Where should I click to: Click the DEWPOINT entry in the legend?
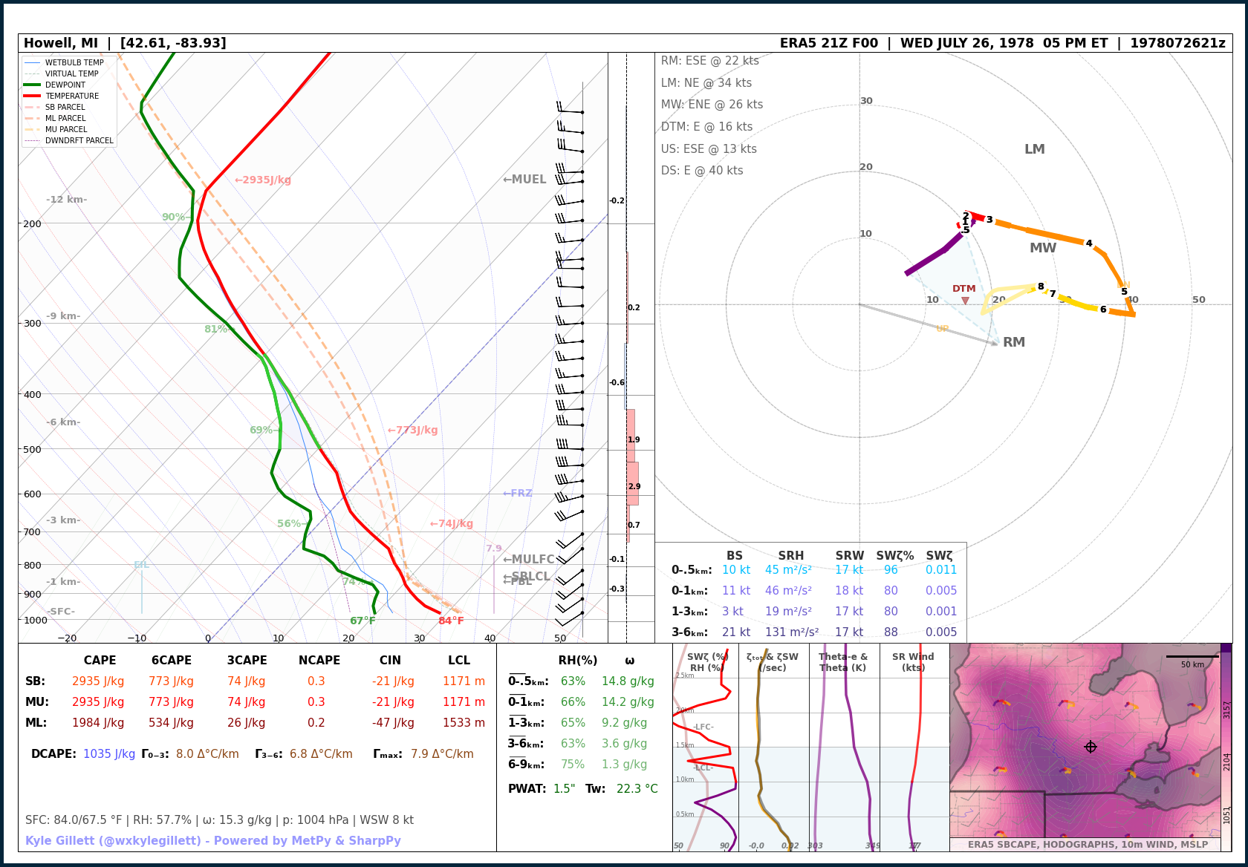click(x=65, y=85)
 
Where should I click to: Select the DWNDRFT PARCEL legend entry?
click(x=79, y=140)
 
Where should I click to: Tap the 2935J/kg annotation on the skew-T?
click(x=264, y=180)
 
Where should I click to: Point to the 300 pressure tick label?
click(x=33, y=324)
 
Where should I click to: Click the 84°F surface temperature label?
click(x=451, y=621)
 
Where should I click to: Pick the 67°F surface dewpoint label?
click(x=363, y=621)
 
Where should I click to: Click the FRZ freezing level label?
click(x=518, y=493)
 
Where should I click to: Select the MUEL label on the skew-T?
click(x=525, y=179)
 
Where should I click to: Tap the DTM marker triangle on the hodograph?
click(x=965, y=301)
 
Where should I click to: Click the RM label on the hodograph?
click(x=1014, y=342)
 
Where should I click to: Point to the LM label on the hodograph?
click(x=1034, y=149)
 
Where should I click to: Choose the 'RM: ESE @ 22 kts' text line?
click(x=710, y=61)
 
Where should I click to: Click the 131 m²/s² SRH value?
click(x=792, y=632)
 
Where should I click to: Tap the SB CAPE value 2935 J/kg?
click(x=98, y=681)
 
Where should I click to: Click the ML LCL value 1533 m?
click(x=464, y=722)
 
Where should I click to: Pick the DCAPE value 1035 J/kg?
click(x=109, y=753)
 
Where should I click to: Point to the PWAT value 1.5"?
click(x=565, y=788)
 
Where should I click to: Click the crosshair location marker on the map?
click(x=1090, y=747)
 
